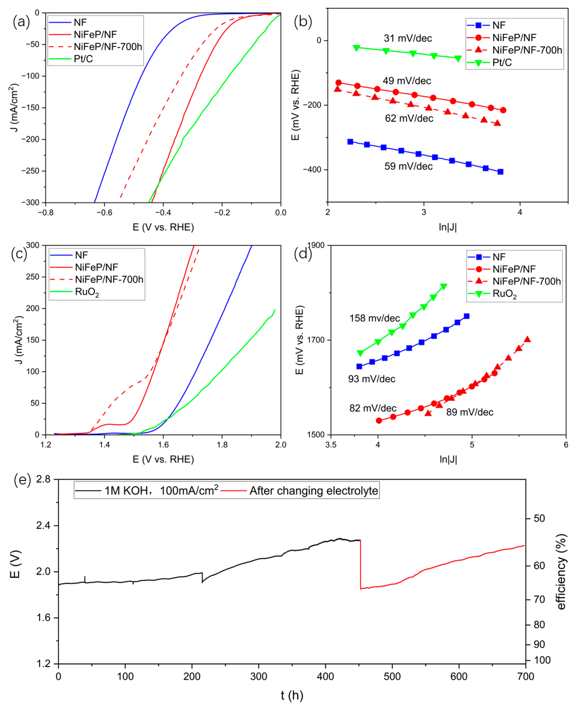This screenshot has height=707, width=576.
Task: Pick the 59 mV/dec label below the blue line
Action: click(408, 166)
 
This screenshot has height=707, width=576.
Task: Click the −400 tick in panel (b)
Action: click(312, 170)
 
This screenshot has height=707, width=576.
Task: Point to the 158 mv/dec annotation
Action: click(374, 318)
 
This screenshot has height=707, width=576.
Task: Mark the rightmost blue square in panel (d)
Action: click(466, 316)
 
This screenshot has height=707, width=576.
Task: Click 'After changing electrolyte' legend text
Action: click(314, 491)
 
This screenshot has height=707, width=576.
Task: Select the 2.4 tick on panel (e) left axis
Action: click(43, 525)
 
